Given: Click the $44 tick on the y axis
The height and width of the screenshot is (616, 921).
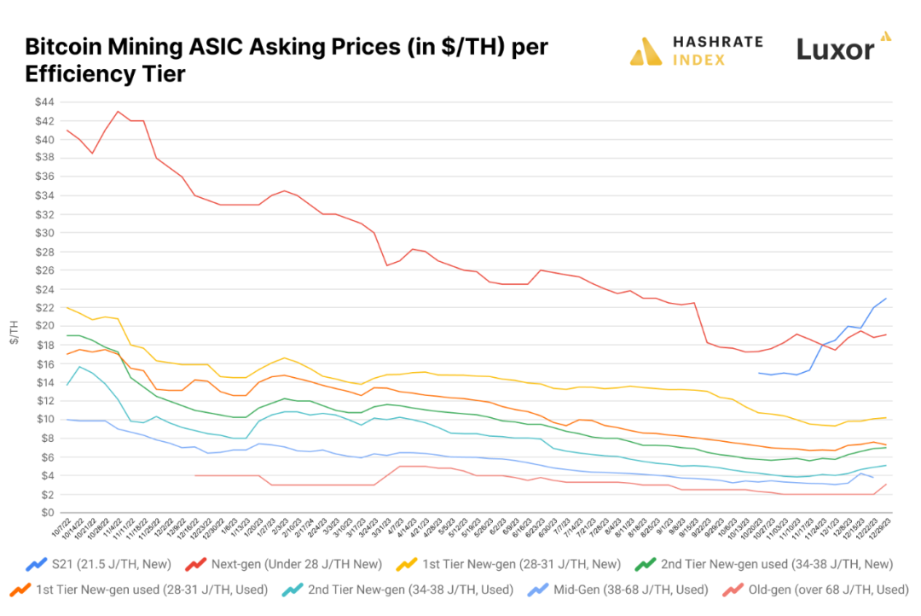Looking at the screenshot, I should click(44, 102).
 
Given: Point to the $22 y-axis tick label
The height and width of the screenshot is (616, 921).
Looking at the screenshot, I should click(44, 307).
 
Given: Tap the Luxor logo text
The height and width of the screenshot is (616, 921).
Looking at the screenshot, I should click(835, 49).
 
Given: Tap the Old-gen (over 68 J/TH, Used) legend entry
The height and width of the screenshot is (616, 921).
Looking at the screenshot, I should click(806, 590).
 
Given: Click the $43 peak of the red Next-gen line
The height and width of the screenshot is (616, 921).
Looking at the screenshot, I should click(118, 111).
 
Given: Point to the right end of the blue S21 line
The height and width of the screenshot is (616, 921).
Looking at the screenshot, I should click(887, 299).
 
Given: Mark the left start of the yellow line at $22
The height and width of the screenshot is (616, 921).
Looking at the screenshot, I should click(67, 307).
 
